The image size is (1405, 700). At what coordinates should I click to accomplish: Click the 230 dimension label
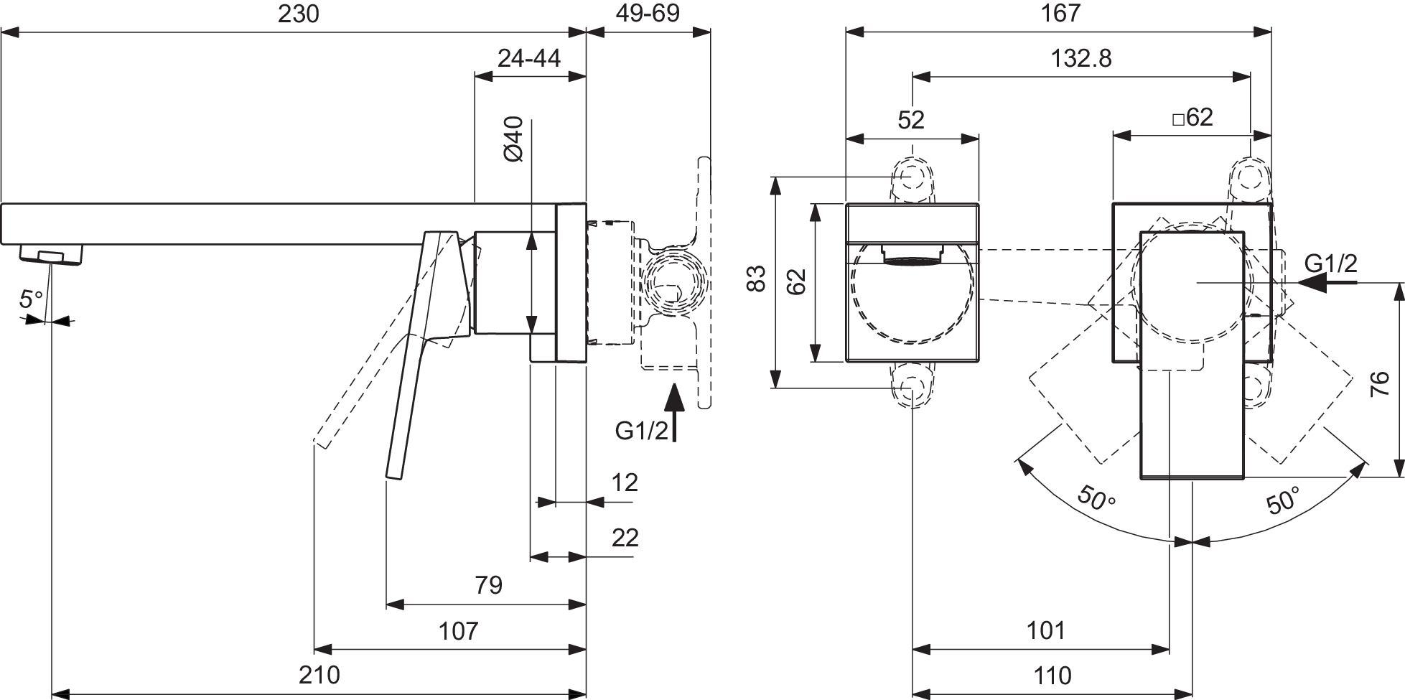(x=299, y=14)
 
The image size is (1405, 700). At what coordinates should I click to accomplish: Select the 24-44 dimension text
(x=529, y=58)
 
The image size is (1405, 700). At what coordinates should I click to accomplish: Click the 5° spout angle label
(x=31, y=298)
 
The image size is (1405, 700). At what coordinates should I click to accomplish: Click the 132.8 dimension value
(x=1081, y=58)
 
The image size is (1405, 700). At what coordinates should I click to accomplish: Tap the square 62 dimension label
(x=1192, y=117)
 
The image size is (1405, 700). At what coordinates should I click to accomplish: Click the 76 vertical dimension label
(x=1379, y=384)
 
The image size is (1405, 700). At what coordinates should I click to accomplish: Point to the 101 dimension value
(x=1045, y=630)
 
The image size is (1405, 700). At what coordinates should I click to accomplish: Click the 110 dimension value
(x=1052, y=675)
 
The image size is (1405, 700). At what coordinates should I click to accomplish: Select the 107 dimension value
(x=457, y=630)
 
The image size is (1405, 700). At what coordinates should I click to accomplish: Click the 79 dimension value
(x=489, y=585)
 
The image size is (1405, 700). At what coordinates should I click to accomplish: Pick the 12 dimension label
(x=625, y=482)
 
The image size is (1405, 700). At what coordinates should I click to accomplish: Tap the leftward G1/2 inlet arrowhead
(x=1312, y=283)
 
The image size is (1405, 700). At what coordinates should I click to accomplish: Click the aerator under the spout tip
(x=52, y=254)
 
